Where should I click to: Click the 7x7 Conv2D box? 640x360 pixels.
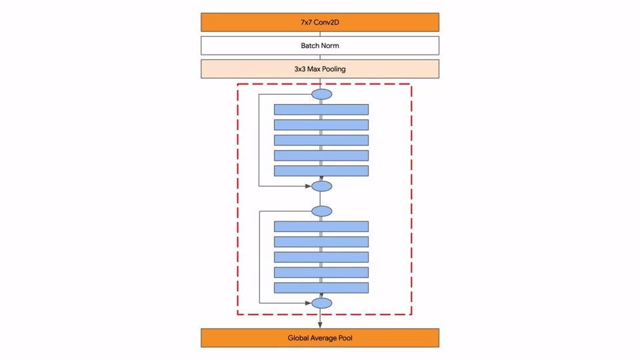click(x=320, y=22)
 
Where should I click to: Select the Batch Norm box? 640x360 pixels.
click(x=320, y=45)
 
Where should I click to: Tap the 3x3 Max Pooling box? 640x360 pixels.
click(x=320, y=69)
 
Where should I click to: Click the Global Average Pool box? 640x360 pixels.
click(x=320, y=338)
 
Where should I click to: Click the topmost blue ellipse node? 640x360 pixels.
click(x=321, y=94)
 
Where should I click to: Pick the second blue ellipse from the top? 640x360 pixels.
click(x=321, y=186)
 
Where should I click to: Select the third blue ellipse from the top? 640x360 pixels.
click(x=321, y=211)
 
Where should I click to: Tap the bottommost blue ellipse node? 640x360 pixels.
click(x=321, y=303)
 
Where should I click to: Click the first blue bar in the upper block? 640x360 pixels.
click(x=321, y=109)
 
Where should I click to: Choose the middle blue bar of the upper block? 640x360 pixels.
click(x=321, y=140)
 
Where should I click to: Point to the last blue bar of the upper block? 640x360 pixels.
click(x=321, y=171)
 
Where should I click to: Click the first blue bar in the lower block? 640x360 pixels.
click(x=321, y=227)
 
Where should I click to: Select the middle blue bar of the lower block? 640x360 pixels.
click(x=321, y=257)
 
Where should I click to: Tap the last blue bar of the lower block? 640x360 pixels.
click(x=321, y=288)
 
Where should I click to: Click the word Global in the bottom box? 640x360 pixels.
click(x=299, y=338)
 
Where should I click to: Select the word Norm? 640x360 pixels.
click(x=331, y=45)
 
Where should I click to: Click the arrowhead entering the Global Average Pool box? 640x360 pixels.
click(x=321, y=325)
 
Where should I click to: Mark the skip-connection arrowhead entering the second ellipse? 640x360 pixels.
click(x=309, y=186)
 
